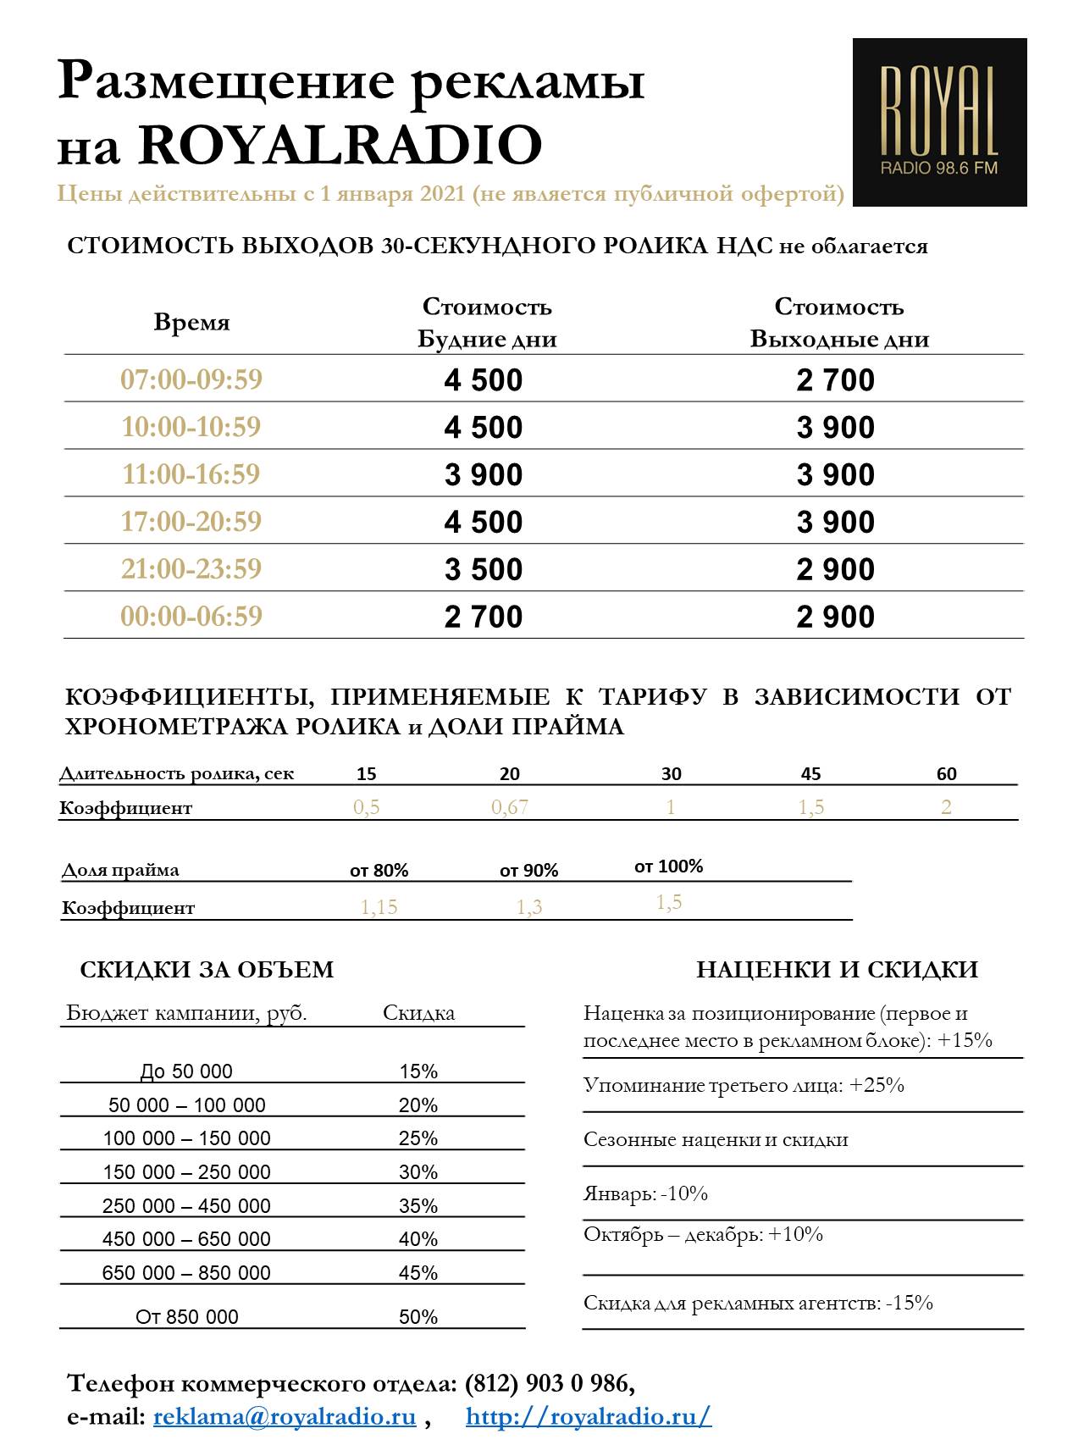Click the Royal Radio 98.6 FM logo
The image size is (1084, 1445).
(939, 122)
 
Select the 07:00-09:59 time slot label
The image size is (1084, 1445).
(191, 379)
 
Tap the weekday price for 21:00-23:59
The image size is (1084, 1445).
(484, 569)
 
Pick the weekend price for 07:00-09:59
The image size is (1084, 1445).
(835, 380)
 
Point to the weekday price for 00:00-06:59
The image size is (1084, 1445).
(484, 617)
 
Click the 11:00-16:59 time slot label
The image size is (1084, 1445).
(191, 474)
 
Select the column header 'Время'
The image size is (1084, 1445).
(191, 323)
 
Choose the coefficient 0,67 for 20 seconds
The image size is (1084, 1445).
(510, 807)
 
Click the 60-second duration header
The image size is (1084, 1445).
(946, 773)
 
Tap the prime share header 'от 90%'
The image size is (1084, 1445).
(529, 871)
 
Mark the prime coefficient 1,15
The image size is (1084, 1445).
(379, 907)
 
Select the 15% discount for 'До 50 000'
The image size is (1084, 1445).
(418, 1071)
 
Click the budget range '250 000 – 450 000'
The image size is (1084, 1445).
(186, 1206)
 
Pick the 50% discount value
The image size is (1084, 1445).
(418, 1317)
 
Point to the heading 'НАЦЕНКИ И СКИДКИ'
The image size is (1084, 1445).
(837, 970)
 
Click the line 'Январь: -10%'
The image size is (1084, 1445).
(645, 1194)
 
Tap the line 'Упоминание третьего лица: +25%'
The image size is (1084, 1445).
(744, 1086)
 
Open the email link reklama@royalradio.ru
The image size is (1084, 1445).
(285, 1416)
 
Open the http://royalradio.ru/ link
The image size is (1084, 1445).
(589, 1416)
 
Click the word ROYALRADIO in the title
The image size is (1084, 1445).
(340, 145)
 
